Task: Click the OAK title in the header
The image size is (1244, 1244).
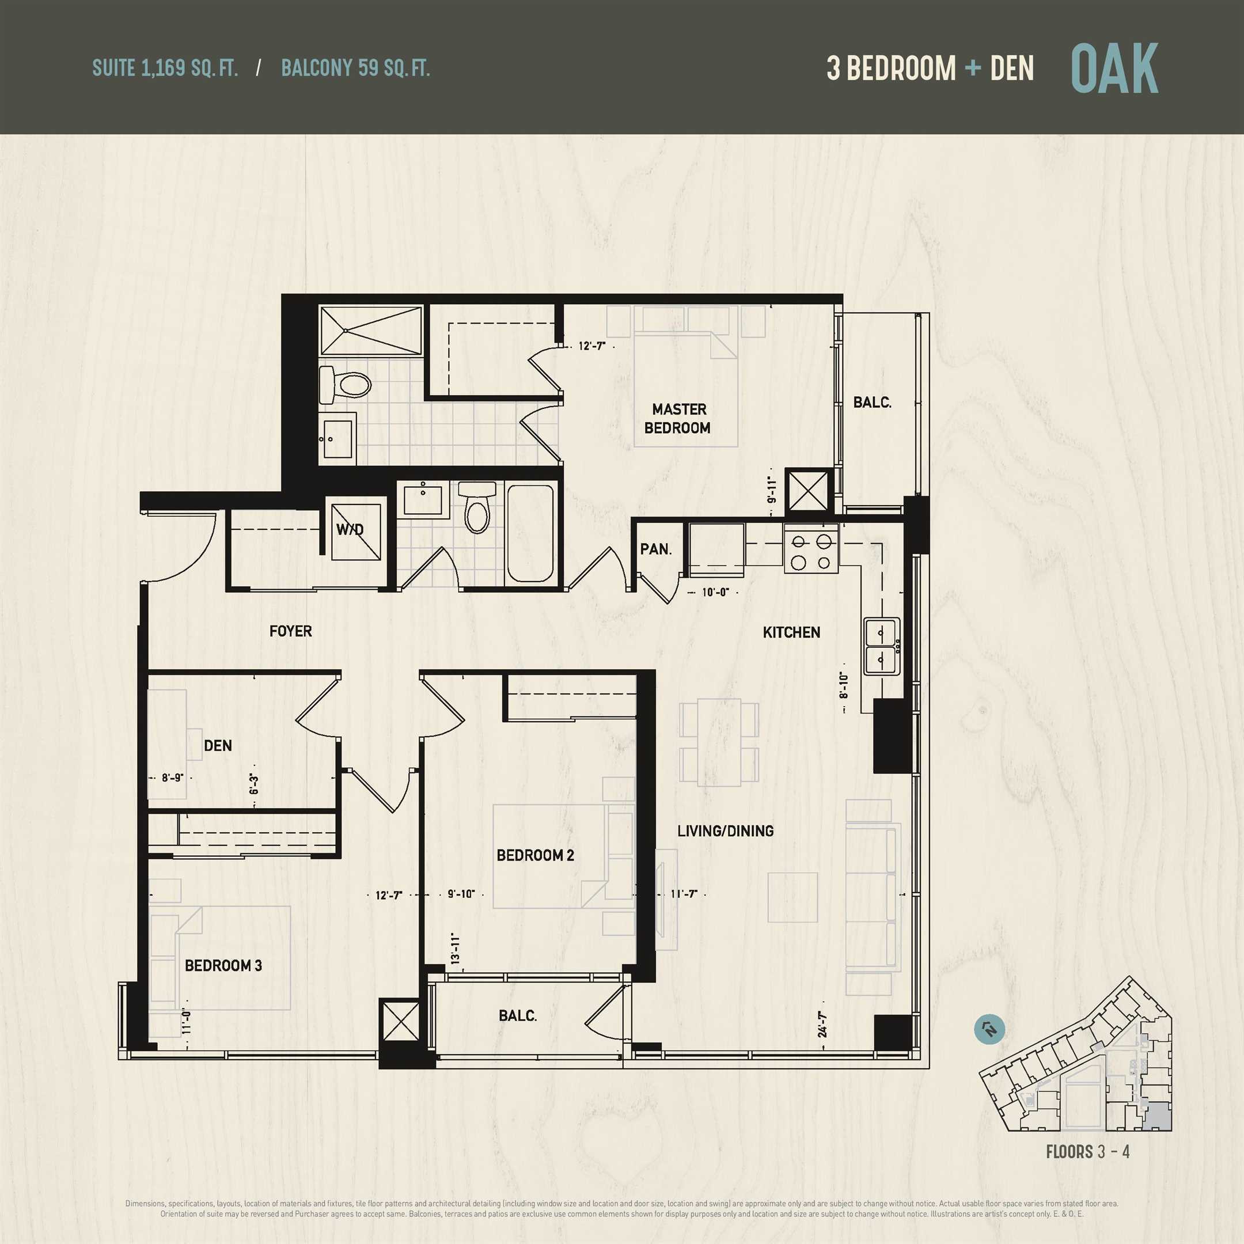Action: pos(1114,69)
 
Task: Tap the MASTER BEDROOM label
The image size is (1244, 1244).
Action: pos(678,419)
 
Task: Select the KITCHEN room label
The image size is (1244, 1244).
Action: pos(791,632)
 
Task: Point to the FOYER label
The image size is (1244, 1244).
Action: pos(290,631)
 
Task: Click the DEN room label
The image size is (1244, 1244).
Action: pos(218,746)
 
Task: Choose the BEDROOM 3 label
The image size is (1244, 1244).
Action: pos(223,965)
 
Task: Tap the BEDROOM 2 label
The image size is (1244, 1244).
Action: pos(535,855)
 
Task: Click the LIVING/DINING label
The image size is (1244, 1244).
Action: pos(726,830)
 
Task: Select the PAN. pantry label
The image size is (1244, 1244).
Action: pos(655,549)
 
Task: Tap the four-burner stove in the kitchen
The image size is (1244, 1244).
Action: pos(811,548)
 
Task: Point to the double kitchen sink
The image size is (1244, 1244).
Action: pos(882,646)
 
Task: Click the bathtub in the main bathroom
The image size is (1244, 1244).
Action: pos(530,534)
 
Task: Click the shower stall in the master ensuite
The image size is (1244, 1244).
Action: pos(371,331)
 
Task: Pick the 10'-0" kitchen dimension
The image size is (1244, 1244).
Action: pos(715,591)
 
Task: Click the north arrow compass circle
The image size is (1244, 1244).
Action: pos(989,1030)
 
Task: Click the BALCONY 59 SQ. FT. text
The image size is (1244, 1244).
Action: pos(355,69)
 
